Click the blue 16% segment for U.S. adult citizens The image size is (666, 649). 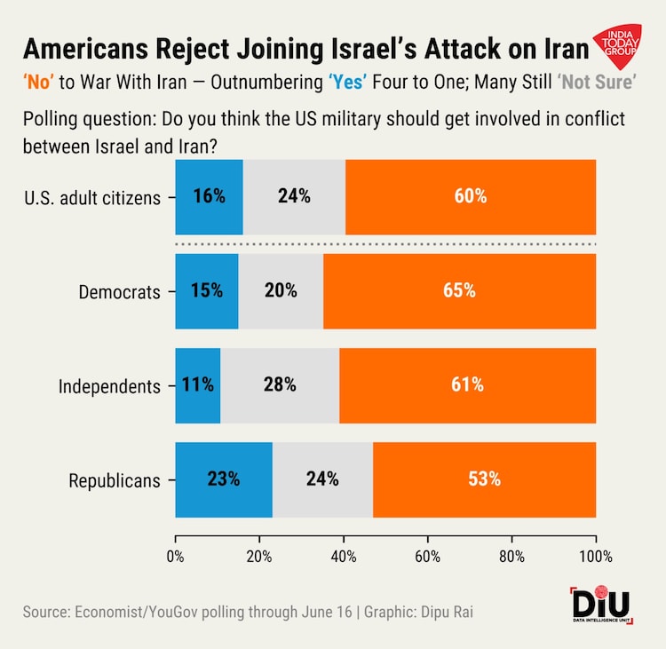(x=209, y=197)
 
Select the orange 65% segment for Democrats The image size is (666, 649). (x=459, y=291)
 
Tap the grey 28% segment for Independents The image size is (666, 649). (x=280, y=385)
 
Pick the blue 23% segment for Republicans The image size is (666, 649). (x=224, y=479)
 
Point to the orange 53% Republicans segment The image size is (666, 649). (x=484, y=479)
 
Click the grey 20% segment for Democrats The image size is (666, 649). (x=281, y=291)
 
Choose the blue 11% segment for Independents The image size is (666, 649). (x=198, y=385)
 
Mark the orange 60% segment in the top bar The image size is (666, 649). (x=471, y=197)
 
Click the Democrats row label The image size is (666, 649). (x=120, y=292)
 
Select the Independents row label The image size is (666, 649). (x=109, y=386)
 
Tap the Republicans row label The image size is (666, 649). (x=115, y=481)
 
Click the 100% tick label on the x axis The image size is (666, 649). (x=595, y=557)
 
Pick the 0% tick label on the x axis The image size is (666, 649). (x=176, y=557)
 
